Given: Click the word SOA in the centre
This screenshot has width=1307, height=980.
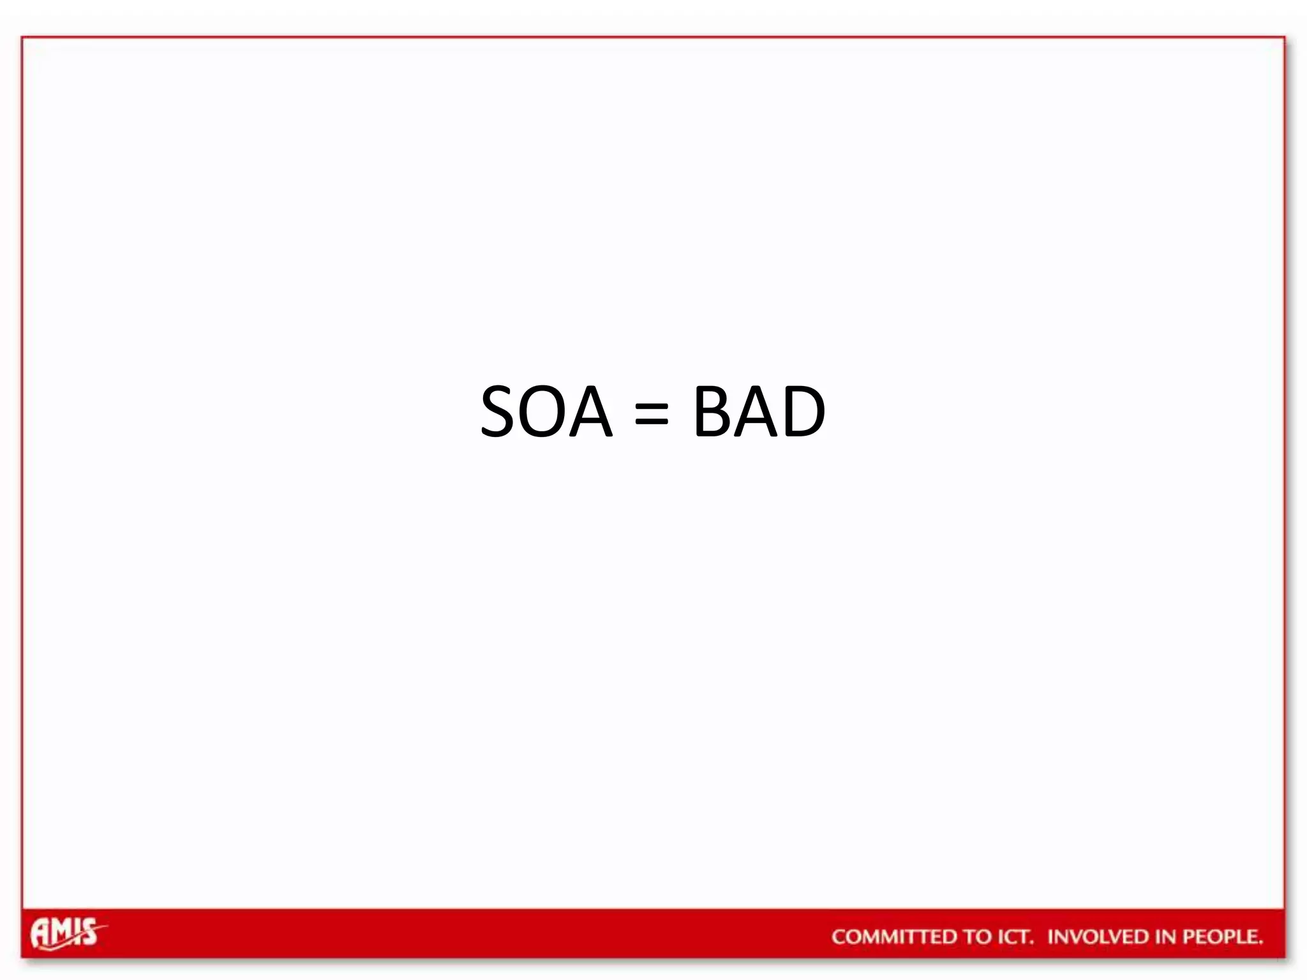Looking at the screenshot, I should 546,412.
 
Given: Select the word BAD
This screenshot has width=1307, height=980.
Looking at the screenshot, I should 759,412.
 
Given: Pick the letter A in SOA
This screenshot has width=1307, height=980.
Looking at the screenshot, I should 590,412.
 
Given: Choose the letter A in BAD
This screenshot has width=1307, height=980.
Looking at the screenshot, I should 757,412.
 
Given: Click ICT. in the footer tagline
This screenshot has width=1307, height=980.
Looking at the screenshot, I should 1015,937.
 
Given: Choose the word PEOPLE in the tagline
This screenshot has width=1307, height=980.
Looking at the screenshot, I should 1222,937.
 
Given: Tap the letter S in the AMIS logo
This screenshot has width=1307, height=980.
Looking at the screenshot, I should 89,933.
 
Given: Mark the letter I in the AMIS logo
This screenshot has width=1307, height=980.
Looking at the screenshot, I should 77,932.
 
